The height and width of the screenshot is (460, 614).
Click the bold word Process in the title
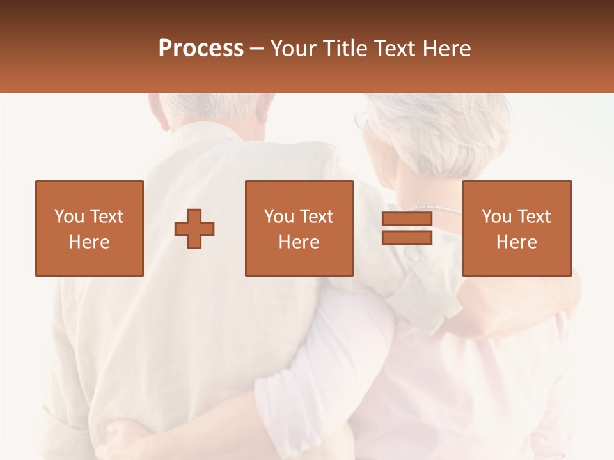pyautogui.click(x=201, y=49)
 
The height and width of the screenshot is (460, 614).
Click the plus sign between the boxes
pyautogui.click(x=194, y=229)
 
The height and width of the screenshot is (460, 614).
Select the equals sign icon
pyautogui.click(x=407, y=229)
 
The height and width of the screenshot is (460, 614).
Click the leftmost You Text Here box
pyautogui.click(x=90, y=229)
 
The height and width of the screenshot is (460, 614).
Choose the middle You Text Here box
pyautogui.click(x=299, y=229)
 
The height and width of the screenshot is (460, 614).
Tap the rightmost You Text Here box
pyautogui.click(x=517, y=229)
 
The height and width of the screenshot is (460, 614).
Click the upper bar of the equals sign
pyautogui.click(x=407, y=219)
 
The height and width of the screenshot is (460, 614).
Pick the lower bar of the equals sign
pyautogui.click(x=407, y=238)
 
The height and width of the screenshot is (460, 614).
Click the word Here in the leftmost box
pyautogui.click(x=90, y=242)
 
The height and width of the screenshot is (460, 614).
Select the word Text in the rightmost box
pyautogui.click(x=535, y=217)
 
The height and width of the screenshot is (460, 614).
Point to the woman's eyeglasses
pyautogui.click(x=361, y=120)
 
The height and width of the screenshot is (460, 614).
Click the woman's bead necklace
pyautogui.click(x=435, y=209)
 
